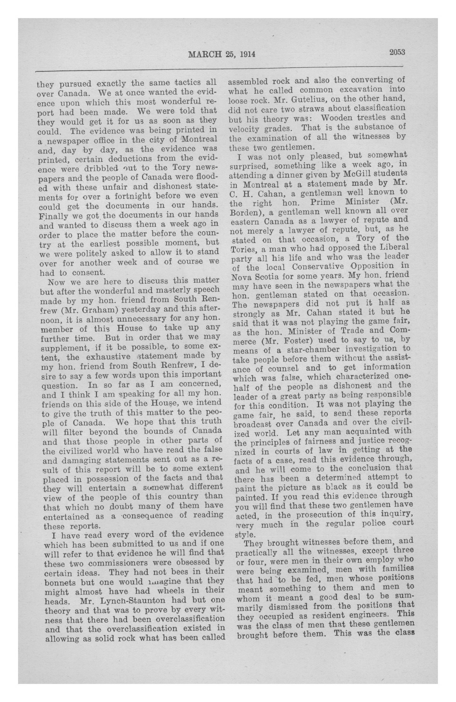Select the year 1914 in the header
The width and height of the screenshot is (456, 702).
(246, 54)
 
